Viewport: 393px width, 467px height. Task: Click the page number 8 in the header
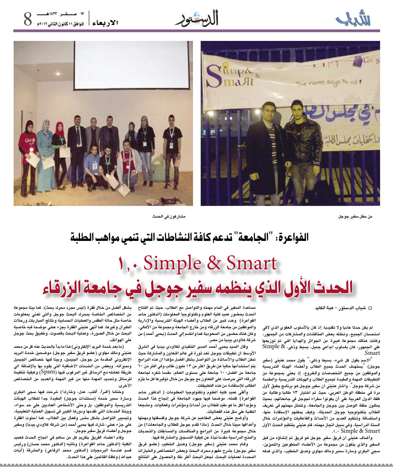[x=27, y=19]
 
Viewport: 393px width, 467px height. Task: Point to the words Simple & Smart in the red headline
[x=210, y=264]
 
